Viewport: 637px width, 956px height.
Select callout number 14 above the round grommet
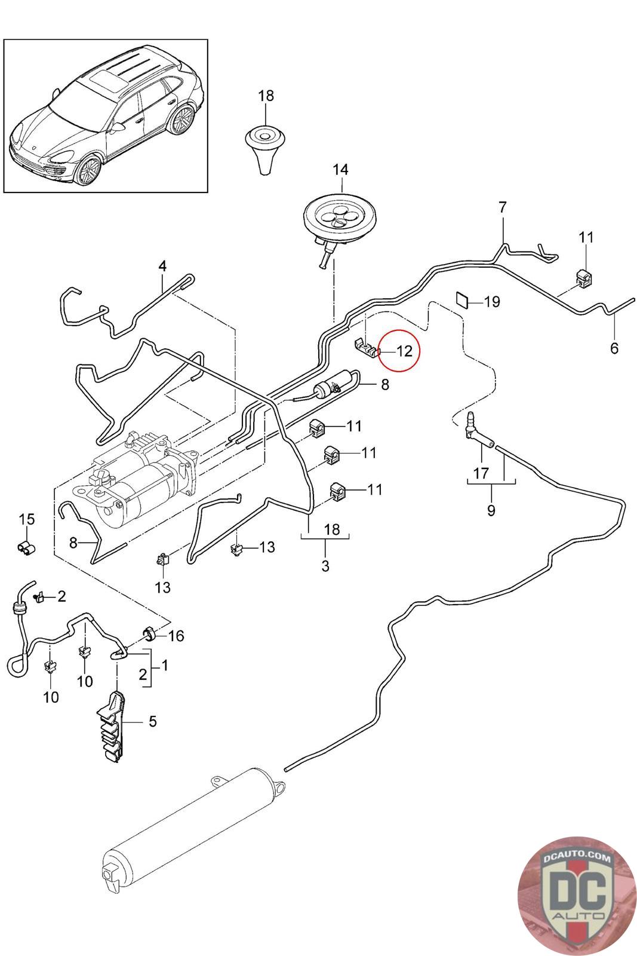(340, 170)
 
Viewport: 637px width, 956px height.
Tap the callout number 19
(492, 302)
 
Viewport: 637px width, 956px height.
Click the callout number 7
(503, 207)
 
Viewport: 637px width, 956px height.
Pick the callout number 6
(614, 348)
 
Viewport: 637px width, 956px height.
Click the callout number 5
(153, 722)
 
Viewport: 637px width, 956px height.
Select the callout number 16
(176, 636)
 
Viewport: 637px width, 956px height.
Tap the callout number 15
(26, 519)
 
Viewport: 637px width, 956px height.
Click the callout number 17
(481, 473)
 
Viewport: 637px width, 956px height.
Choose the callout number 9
(491, 510)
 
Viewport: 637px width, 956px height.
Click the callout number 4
(162, 266)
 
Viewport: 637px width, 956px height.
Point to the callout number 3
(325, 566)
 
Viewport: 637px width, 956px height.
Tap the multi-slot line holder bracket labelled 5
(113, 727)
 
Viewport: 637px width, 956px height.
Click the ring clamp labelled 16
(149, 634)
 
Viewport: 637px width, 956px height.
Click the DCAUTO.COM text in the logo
(577, 856)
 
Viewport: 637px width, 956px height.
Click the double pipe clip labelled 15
(26, 547)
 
